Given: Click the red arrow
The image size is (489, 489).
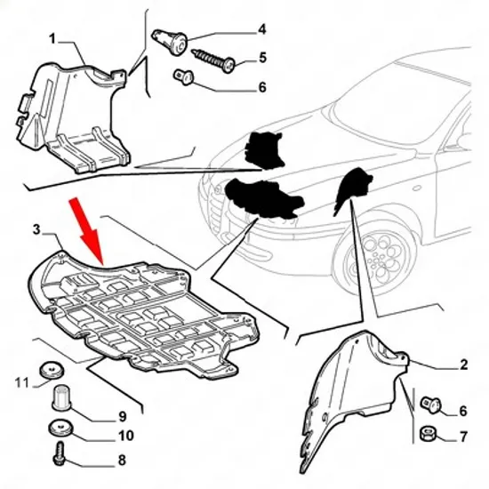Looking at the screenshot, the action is coord(87,231).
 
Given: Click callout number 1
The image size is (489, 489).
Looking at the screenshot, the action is coord(52,39).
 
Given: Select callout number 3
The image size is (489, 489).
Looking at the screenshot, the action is coord(36,230).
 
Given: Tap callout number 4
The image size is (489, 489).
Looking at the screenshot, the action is coord(262,29).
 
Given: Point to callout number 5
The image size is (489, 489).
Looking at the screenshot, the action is coord(262,58).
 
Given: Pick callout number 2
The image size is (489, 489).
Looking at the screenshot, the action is coord(464,365).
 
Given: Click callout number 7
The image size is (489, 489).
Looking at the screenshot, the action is coord(464,437).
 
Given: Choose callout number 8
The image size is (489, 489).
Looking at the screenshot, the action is coord(122,460).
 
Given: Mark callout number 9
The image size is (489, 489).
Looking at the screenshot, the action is coord(122,416).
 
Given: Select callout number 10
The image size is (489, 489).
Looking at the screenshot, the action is coord(126,436).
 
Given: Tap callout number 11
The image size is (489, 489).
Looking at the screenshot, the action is coord(22,382).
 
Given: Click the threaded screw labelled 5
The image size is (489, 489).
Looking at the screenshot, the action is coord(213,60).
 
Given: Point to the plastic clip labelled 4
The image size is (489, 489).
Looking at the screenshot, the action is coord(170,42).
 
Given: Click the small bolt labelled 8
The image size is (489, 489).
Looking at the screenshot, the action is coord(60,453).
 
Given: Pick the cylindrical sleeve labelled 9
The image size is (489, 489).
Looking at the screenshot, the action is coord(60,397).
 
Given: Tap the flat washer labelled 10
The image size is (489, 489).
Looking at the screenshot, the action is coord(60,429).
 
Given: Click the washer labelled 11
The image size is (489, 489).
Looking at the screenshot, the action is coord(52,370).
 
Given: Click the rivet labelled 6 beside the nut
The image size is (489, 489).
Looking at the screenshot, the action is coord(431,405).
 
